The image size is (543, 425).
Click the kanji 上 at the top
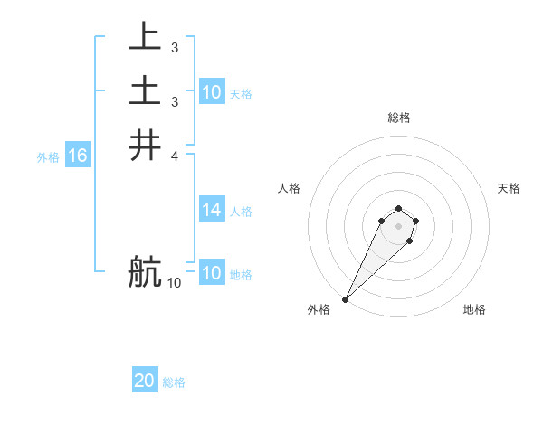coord(145,36)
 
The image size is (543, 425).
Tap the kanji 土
coord(145,90)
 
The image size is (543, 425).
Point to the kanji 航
coord(145,271)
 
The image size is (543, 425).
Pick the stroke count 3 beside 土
coord(174,101)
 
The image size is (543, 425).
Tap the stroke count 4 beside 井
coord(174,156)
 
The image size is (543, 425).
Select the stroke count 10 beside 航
coord(174,283)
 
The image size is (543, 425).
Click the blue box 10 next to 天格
coord(212,92)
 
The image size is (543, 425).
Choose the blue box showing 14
coord(212,210)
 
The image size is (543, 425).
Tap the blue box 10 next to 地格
coord(212,273)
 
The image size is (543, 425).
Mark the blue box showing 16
coord(78,156)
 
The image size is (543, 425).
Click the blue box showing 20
coord(145,381)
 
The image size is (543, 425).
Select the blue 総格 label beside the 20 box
coord(174,382)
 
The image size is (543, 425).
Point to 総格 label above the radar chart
coord(398,118)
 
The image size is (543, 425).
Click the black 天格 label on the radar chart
coord(509,188)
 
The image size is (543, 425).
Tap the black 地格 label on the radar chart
coord(474,309)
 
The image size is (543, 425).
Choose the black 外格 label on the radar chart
coord(319,309)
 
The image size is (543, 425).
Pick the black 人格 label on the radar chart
coord(290,188)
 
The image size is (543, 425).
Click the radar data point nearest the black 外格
coord(346,298)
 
